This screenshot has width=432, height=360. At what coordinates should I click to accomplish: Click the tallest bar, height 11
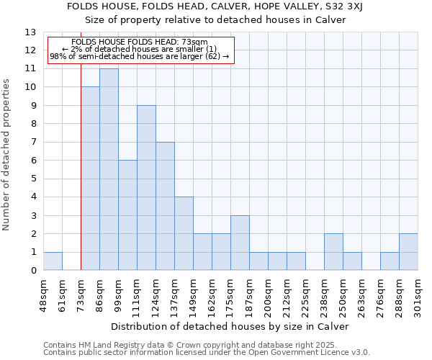tap(109, 169)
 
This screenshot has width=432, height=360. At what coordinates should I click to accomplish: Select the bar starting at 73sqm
tap(90, 179)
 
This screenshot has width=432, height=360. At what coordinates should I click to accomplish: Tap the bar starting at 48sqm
tap(53, 261)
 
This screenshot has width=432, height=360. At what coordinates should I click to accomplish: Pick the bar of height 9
tap(146, 188)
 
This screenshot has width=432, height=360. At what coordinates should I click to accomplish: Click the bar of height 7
tap(165, 206)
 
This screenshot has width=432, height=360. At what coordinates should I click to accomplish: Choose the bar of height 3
tap(240, 243)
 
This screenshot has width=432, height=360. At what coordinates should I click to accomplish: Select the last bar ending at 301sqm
tap(408, 252)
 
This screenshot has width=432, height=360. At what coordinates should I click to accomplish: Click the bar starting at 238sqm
tap(333, 252)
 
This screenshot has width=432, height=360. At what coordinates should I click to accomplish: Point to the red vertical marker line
tap(81, 166)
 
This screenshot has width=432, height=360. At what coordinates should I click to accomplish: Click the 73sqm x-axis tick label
tap(81, 295)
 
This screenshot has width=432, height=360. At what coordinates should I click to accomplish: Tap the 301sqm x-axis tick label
tap(418, 295)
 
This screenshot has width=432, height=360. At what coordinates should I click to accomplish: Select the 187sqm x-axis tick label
tap(249, 295)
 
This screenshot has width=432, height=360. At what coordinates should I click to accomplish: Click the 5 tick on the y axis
tap(33, 179)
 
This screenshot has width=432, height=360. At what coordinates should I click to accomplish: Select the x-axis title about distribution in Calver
tap(230, 326)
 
